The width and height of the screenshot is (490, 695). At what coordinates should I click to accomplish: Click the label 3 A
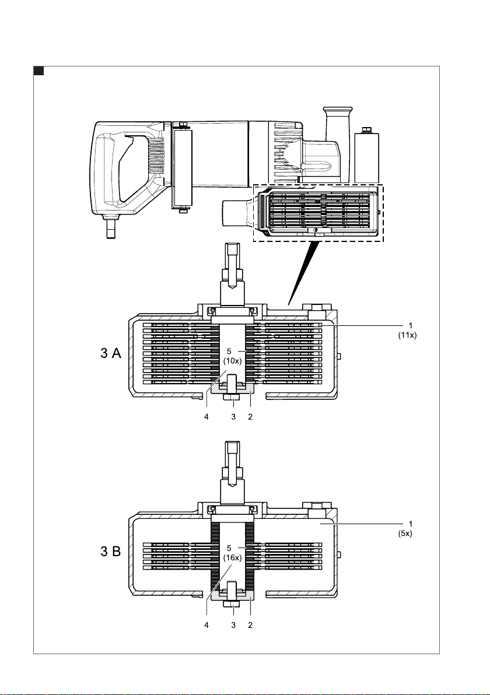click(111, 353)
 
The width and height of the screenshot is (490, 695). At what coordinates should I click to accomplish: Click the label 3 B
click(111, 552)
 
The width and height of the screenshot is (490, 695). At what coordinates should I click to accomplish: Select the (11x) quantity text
click(407, 335)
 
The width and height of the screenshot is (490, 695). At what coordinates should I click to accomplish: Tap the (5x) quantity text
click(405, 533)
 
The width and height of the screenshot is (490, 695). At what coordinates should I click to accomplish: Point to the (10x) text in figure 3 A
click(232, 360)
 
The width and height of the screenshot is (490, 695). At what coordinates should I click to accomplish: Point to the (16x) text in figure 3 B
click(232, 558)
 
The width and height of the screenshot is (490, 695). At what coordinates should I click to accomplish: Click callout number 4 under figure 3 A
click(206, 417)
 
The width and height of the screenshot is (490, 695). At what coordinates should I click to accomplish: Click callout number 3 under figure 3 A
click(233, 417)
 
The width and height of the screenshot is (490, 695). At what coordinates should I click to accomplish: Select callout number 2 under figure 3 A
click(250, 417)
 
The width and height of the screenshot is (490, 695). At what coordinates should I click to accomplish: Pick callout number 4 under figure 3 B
click(206, 625)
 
